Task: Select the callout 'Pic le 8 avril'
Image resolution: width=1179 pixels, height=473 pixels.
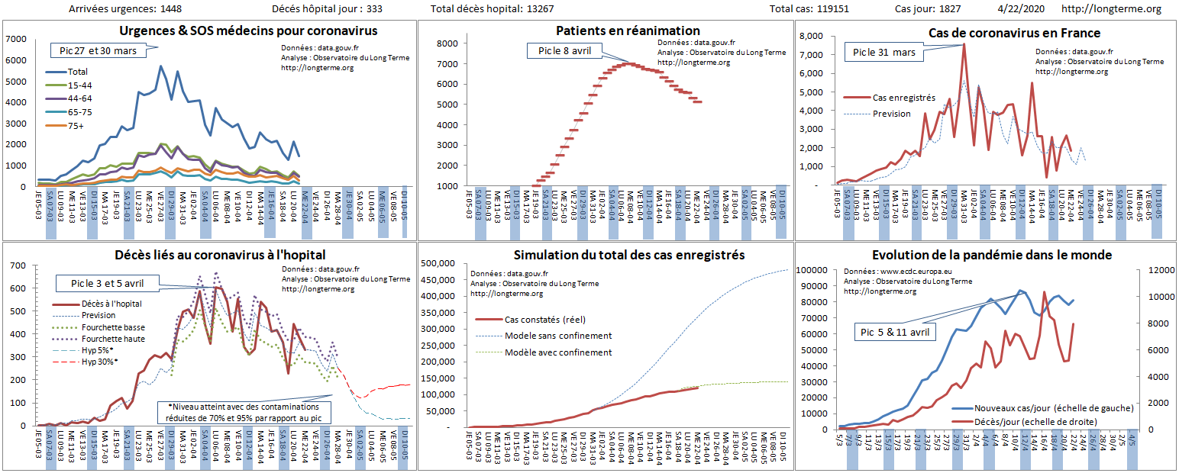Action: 565,51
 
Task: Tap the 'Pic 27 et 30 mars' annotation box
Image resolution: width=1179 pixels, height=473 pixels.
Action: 98,50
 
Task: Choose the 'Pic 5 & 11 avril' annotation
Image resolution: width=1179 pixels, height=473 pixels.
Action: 896,333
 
